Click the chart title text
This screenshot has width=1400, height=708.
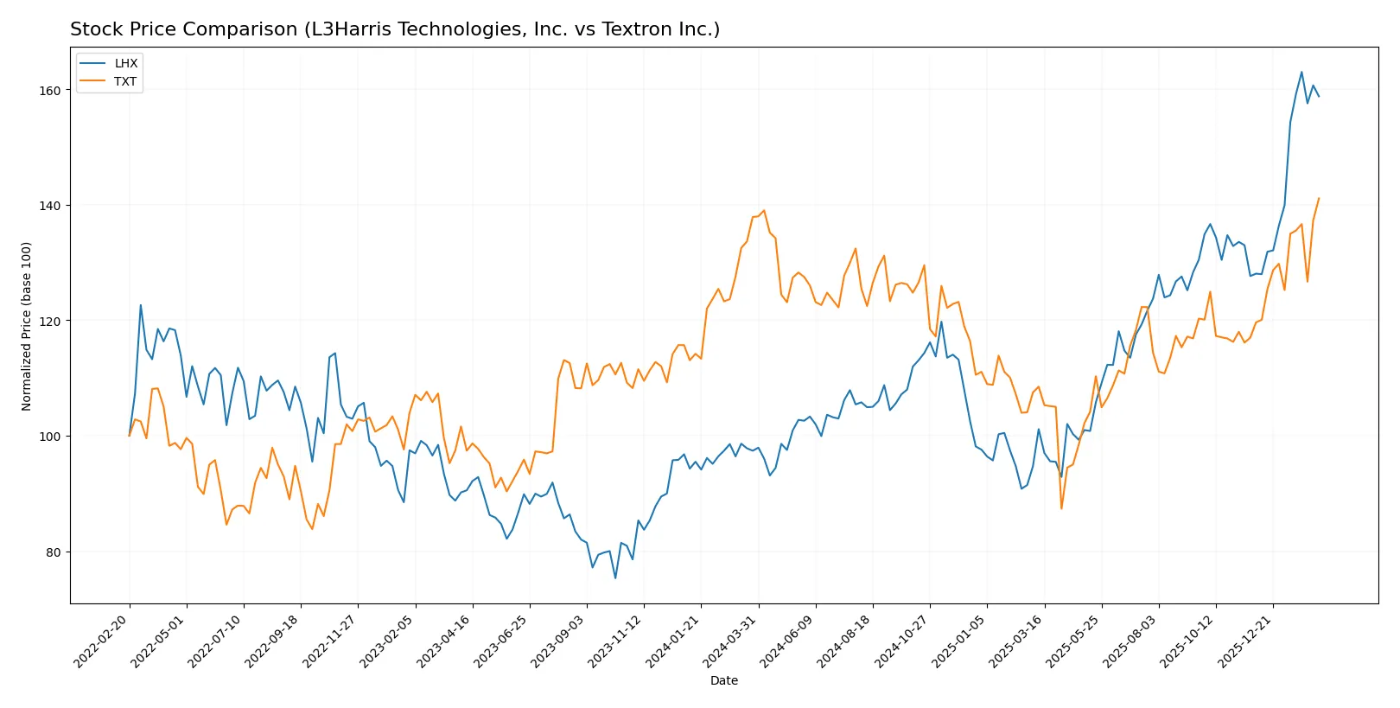[394, 29]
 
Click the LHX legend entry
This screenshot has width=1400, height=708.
[125, 63]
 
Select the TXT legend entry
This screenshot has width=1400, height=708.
[125, 81]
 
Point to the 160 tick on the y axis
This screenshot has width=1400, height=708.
[50, 90]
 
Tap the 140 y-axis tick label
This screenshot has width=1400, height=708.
[50, 206]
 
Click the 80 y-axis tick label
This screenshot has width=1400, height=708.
[54, 552]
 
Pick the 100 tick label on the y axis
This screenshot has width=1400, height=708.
[50, 437]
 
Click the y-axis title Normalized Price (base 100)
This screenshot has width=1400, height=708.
[27, 326]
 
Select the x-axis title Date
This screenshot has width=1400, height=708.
[723, 680]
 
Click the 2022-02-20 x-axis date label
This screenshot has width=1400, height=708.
[102, 641]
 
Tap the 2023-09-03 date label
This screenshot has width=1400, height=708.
[559, 641]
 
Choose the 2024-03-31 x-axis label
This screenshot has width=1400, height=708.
[730, 641]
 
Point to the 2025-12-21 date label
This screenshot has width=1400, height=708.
[1245, 641]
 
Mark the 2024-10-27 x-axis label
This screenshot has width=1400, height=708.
[902, 641]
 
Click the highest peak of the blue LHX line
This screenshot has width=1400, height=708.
[1301, 72]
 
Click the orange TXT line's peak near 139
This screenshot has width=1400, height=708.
[764, 210]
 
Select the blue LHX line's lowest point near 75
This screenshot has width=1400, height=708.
[615, 577]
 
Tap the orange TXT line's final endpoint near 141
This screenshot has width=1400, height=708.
[1319, 199]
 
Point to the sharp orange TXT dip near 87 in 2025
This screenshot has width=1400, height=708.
[1061, 508]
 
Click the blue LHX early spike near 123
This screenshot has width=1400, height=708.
[141, 304]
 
